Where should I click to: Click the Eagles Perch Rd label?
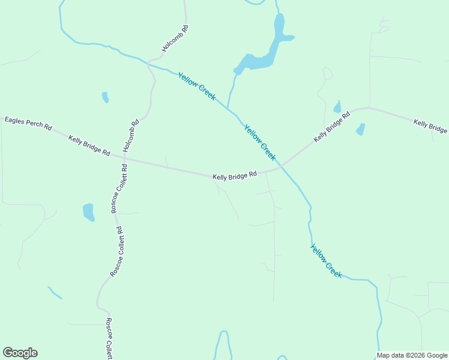click(x=28, y=124)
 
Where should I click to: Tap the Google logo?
click(x=20, y=353)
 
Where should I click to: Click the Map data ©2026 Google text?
click(x=412, y=355)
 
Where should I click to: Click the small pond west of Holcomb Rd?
click(x=106, y=97)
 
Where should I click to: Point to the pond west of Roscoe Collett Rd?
click(x=89, y=212)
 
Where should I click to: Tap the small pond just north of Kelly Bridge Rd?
click(x=337, y=107)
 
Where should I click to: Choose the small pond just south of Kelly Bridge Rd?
click(x=360, y=129)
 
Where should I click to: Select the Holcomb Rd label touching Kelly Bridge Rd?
click(x=131, y=136)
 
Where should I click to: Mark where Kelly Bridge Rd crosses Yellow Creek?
click(x=281, y=165)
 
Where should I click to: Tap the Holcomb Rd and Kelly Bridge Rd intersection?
click(x=126, y=160)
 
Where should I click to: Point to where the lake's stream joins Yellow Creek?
click(x=228, y=108)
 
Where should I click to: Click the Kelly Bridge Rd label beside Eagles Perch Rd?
click(x=89, y=146)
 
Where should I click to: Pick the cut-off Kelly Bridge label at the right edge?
click(x=430, y=126)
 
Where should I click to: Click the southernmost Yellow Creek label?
click(x=327, y=260)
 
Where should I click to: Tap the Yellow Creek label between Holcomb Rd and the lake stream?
click(x=197, y=86)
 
